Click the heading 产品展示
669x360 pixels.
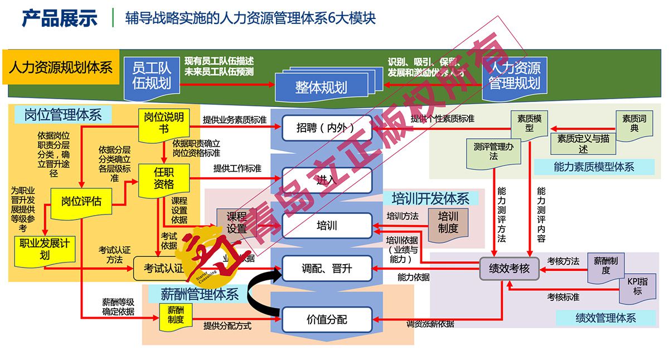60,18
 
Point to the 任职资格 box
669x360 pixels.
164,178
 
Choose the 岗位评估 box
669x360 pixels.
81,201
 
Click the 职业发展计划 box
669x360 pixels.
45,249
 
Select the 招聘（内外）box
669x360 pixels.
327,128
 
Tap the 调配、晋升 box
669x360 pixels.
327,269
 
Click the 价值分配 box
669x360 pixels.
327,319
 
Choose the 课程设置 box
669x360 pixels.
236,222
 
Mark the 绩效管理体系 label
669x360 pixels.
605,318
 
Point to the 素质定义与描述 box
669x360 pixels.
583,143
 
